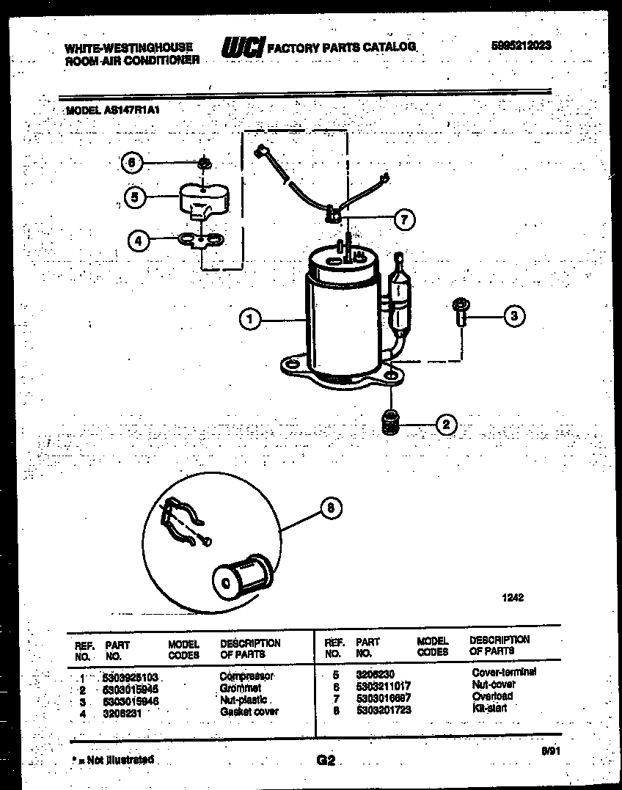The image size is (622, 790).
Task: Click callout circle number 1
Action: pos(250,319)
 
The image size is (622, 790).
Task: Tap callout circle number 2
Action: pos(446,423)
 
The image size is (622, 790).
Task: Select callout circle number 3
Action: pos(514,316)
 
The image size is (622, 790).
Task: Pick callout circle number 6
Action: pos(131,163)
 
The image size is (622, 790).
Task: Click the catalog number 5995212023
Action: pos(521,45)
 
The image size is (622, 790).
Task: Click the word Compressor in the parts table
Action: pos(246,676)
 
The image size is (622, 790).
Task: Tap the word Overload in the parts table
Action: pos(492,696)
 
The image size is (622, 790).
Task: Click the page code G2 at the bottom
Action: pos(326,761)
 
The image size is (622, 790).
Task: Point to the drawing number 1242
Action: pos(512,598)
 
